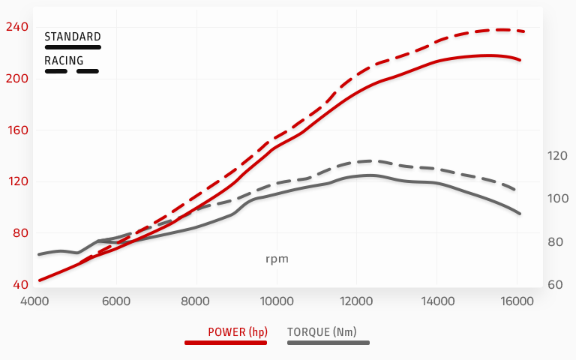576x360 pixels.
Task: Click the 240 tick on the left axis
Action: [x=16, y=27]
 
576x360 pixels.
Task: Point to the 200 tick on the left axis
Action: [x=16, y=79]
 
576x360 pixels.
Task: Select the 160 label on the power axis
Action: [x=16, y=130]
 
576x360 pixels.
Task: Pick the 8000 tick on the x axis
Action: [x=196, y=301]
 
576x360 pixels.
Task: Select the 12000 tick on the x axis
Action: [x=356, y=301]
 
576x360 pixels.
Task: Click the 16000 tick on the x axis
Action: [x=517, y=301]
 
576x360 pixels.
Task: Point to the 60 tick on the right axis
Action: [x=556, y=285]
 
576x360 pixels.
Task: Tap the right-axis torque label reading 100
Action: [x=558, y=199]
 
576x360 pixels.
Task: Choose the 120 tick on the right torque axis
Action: [x=558, y=156]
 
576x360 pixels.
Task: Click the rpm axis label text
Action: [x=277, y=259]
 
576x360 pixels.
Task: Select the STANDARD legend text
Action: [x=72, y=36]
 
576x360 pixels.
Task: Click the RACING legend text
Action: [x=64, y=61]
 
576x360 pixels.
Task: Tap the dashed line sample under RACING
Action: [x=72, y=72]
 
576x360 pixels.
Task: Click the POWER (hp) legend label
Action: [x=237, y=331]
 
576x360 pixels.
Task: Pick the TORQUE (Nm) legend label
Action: [x=322, y=331]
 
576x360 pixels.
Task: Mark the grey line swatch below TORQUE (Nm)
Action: [x=328, y=343]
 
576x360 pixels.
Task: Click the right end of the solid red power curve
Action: [x=520, y=60]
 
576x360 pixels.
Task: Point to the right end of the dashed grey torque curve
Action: [x=514, y=190]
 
